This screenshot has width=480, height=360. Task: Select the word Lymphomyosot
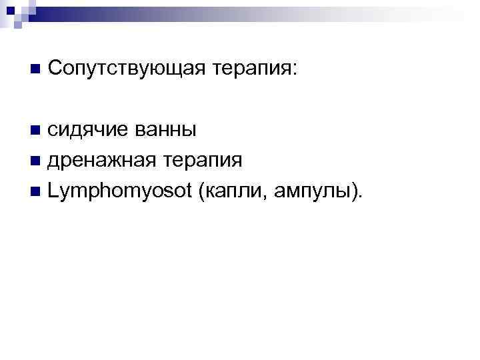(x=120, y=193)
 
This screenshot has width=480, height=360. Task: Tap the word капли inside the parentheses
(x=234, y=193)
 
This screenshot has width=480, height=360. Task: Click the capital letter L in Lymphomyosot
(x=53, y=192)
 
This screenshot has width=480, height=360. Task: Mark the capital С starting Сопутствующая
(x=55, y=67)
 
